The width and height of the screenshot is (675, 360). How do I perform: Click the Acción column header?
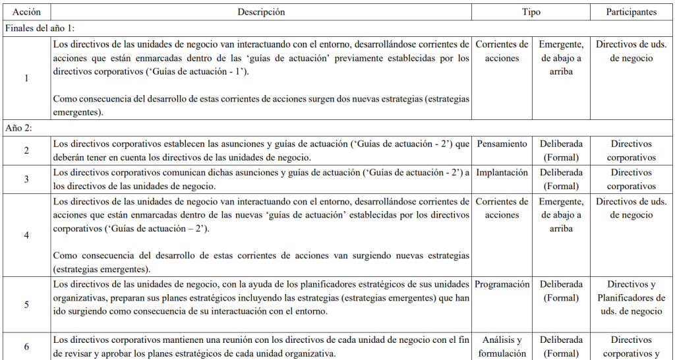point(26,12)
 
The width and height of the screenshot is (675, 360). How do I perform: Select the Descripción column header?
point(262,12)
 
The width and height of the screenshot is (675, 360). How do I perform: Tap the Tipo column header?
point(531,12)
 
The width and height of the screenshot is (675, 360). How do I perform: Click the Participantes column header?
point(631,12)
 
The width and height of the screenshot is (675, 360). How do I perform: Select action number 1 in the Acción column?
point(26,78)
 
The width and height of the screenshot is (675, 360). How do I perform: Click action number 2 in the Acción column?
point(26,150)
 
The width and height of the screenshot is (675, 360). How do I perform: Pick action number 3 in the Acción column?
point(26,179)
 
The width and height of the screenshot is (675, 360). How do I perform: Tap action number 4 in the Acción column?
point(26,235)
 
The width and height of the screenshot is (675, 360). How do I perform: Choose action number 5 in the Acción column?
point(26,304)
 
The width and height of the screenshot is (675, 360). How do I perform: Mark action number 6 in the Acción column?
point(26,346)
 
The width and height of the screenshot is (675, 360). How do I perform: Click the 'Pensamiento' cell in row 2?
point(502,144)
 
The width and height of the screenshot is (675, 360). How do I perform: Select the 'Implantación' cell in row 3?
point(502,173)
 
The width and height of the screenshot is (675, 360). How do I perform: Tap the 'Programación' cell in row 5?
point(502,285)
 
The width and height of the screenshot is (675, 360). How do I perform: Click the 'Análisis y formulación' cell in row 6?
point(502,347)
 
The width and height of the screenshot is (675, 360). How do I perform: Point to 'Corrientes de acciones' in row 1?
point(502,51)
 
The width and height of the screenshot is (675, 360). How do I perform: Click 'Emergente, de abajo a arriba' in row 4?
point(561,215)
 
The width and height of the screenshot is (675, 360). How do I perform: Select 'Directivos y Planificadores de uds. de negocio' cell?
point(631,298)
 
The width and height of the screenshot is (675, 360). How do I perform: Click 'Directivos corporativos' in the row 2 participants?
point(631,150)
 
